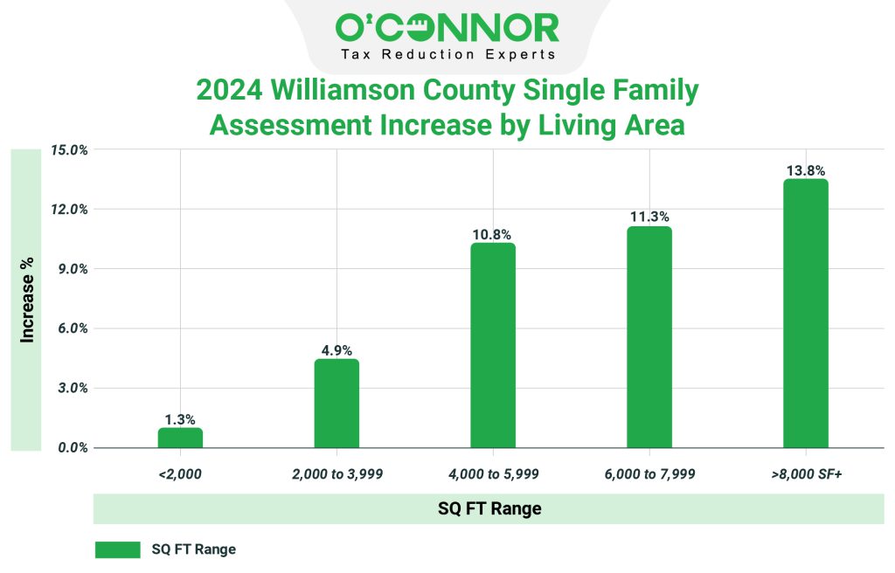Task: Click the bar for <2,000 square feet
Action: pos(180,438)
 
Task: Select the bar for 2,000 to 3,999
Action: pos(336,404)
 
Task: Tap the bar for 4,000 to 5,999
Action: pos(493,345)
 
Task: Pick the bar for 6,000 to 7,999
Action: pos(649,337)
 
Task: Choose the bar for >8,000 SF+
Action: pos(805,314)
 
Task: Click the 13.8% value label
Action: pos(805,171)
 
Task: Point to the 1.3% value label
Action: pos(180,419)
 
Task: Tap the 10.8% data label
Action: pos(493,234)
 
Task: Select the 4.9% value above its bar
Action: pos(336,350)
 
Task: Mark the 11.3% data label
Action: pos(649,217)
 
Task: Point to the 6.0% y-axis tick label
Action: pos(71,328)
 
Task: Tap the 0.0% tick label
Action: pos(71,448)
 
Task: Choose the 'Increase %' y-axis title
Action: pos(28,299)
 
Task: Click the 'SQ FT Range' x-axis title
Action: pos(489,508)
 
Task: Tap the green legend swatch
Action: pos(117,549)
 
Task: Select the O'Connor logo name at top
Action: pos(447,28)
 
